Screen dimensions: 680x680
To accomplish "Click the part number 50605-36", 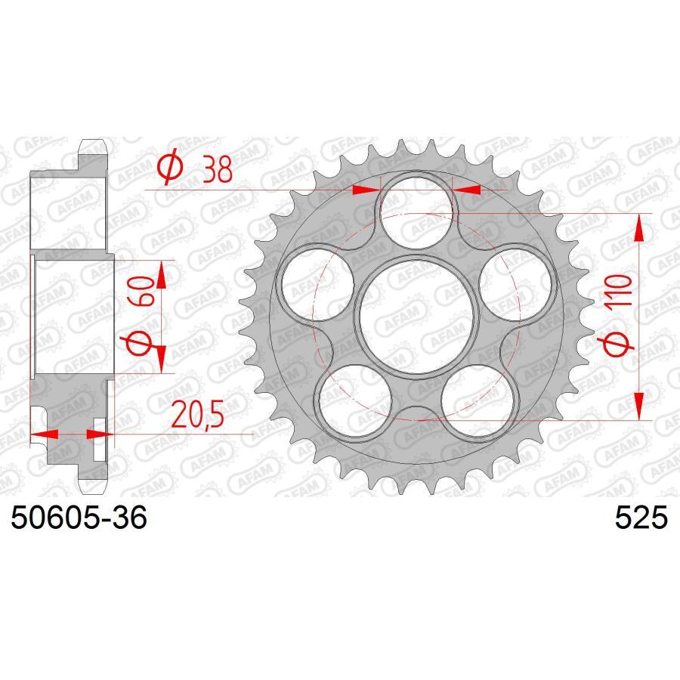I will tap(77, 519).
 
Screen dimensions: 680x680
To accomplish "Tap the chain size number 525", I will tap(641, 519).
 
